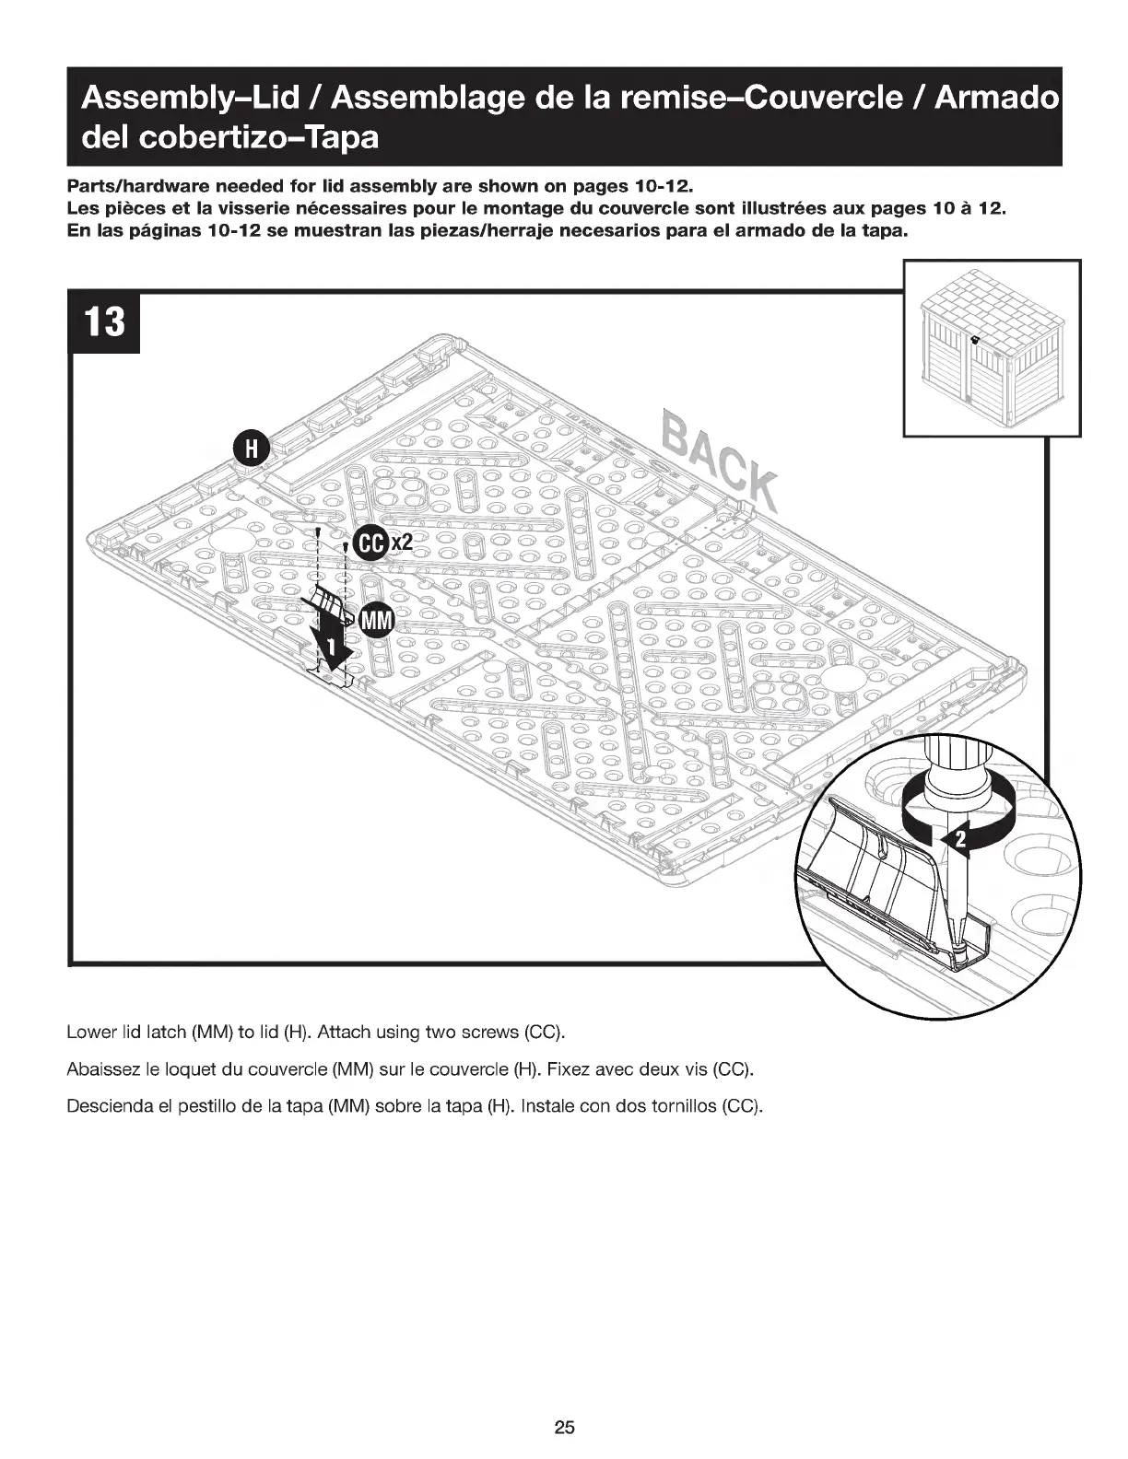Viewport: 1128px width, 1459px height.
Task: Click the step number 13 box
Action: (105, 322)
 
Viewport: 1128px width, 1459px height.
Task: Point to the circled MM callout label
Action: (375, 620)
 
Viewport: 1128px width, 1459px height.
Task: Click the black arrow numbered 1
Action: (325, 647)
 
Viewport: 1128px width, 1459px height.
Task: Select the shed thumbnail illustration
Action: (992, 348)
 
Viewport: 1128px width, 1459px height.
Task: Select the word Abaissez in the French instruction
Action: (100, 1068)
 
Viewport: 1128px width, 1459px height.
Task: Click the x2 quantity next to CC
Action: (401, 543)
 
